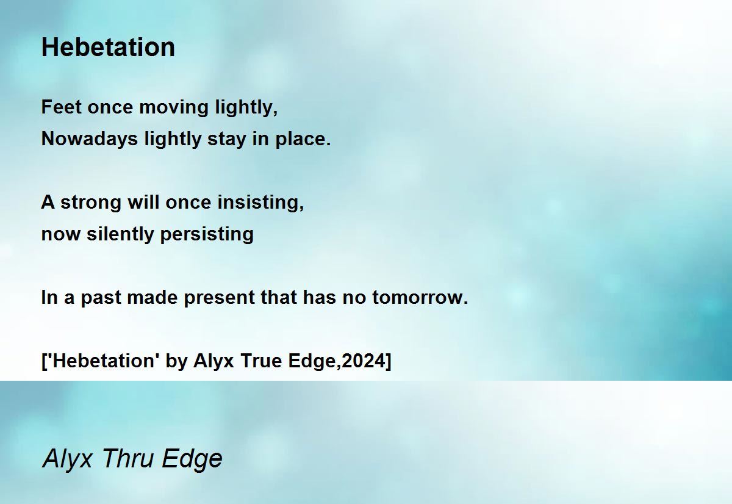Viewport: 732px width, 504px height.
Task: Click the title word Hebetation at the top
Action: (x=108, y=47)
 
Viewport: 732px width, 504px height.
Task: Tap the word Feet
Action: (x=61, y=107)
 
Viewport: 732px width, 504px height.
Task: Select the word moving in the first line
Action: (x=174, y=108)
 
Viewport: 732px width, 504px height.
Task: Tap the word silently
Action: (x=120, y=235)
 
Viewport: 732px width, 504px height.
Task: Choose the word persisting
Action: (x=207, y=235)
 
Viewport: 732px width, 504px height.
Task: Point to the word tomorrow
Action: (x=420, y=298)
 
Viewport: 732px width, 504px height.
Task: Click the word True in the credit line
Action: (x=261, y=361)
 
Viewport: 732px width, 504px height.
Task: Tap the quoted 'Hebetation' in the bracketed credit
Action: (x=103, y=361)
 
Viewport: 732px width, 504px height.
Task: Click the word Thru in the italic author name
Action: (x=127, y=458)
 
